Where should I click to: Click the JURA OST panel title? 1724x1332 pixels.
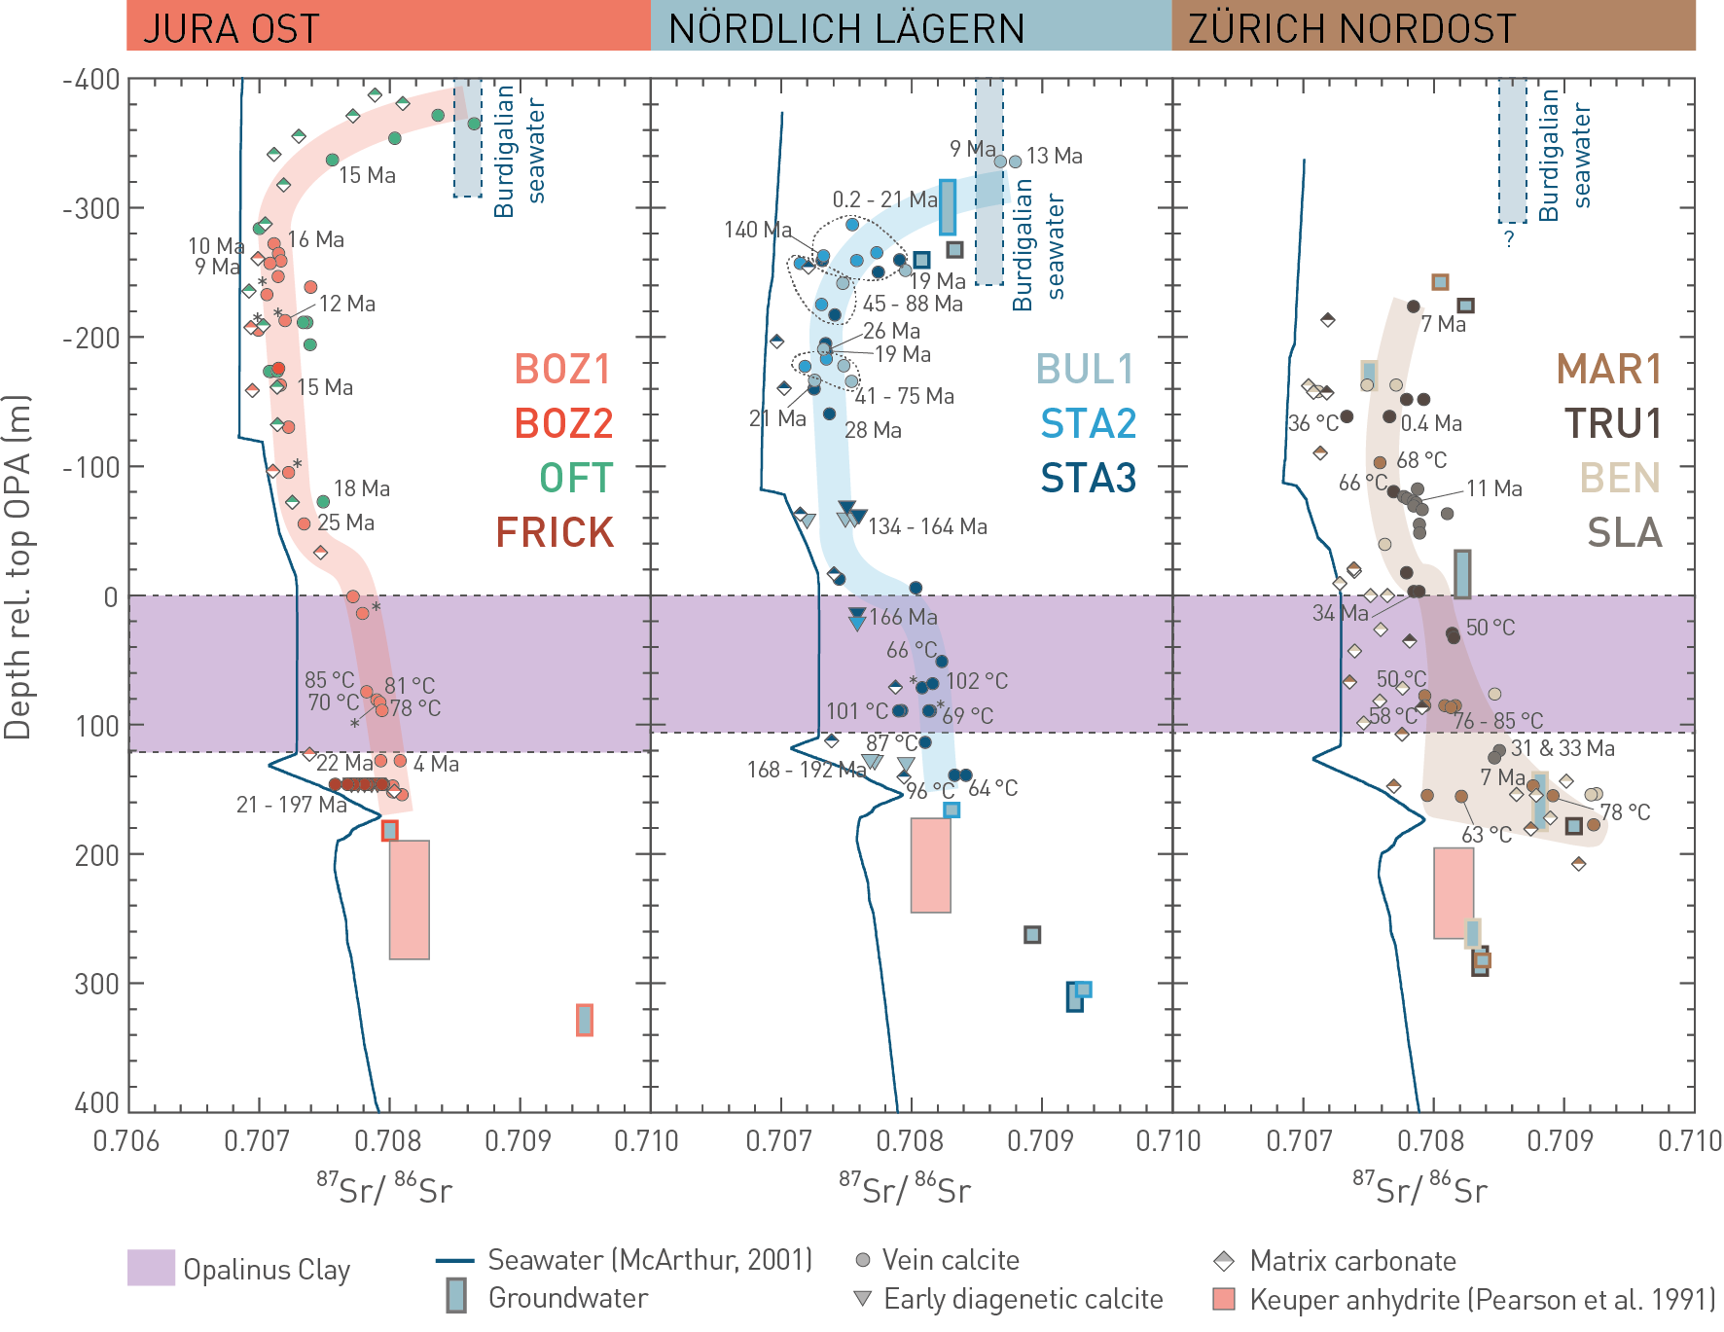(x=231, y=28)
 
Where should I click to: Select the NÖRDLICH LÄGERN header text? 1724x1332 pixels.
(x=846, y=28)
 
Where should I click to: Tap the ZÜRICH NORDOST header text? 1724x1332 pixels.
(x=1351, y=28)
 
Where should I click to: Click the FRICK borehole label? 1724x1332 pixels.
(x=555, y=532)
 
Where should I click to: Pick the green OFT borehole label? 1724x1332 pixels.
(x=576, y=478)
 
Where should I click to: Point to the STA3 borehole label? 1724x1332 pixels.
(x=1088, y=478)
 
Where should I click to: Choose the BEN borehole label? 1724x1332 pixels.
(x=1619, y=478)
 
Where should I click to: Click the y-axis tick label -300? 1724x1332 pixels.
(x=91, y=208)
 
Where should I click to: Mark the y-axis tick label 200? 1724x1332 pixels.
(x=96, y=855)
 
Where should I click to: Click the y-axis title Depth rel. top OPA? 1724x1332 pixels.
(x=18, y=566)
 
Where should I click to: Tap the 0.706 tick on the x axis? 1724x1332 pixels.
(x=126, y=1140)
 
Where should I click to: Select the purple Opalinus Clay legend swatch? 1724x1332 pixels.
(x=151, y=1268)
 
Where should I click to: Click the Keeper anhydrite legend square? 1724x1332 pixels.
(x=1224, y=1299)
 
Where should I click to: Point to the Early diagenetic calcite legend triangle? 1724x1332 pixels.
(x=862, y=1298)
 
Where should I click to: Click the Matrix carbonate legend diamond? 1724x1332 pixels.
(x=1224, y=1261)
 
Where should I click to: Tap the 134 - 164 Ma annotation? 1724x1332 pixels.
(x=927, y=526)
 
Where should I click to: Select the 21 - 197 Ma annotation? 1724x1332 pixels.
(x=291, y=805)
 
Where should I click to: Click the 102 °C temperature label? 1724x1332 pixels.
(x=977, y=681)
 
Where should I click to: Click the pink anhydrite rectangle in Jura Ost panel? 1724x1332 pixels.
(x=410, y=900)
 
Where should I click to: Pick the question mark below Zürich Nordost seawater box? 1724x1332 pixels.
(x=1509, y=238)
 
